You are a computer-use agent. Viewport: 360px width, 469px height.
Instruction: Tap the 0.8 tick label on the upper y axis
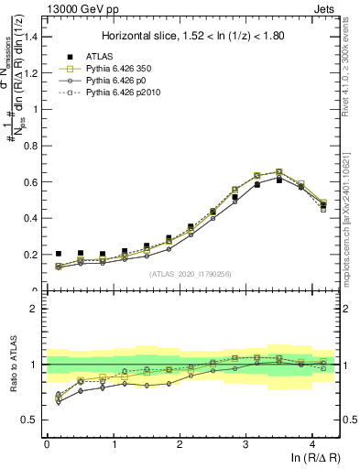coord(33,146)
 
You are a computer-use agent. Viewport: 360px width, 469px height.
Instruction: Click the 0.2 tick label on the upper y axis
coord(33,255)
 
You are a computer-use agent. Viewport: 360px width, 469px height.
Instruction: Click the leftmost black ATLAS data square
coord(59,254)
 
